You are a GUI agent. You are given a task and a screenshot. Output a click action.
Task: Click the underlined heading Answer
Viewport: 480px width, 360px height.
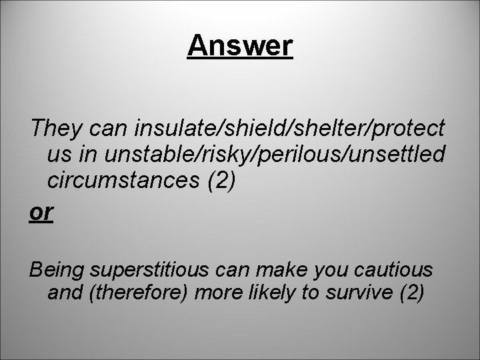240,46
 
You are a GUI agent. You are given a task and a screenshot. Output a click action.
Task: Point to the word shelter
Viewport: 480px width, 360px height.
314,127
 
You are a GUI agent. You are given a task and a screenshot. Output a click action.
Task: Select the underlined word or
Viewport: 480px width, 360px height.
40,211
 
